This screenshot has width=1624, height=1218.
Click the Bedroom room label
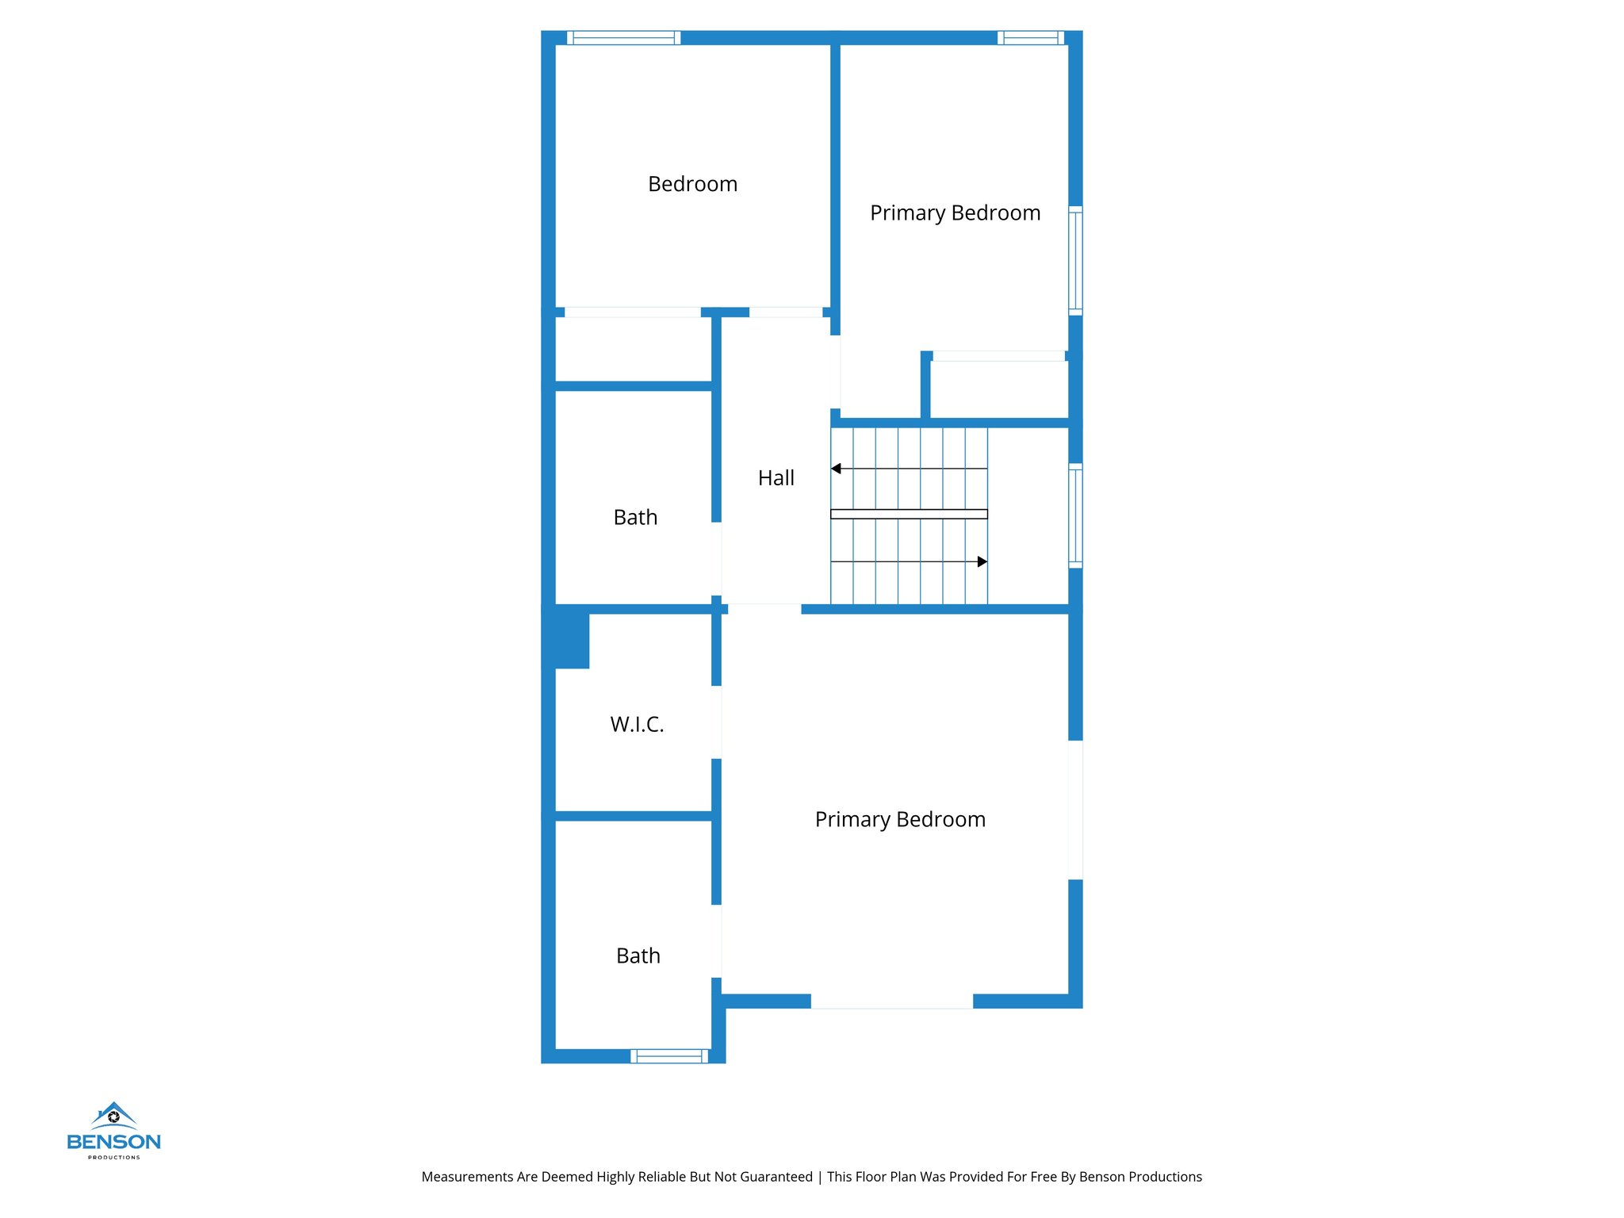[x=692, y=184]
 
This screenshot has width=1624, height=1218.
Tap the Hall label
[x=776, y=478]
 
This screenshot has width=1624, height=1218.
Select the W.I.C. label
[x=637, y=724]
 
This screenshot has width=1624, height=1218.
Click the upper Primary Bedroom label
[x=955, y=213]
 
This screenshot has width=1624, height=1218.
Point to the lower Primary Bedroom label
[x=900, y=820]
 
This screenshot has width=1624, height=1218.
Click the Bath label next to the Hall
[x=635, y=518]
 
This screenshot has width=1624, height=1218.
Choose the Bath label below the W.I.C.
[x=638, y=956]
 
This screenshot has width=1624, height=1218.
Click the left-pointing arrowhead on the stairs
[x=836, y=469]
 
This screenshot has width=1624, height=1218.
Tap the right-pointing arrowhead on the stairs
[x=982, y=561]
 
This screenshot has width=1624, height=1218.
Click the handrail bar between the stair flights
[x=909, y=514]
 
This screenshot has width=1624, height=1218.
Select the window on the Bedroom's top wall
[x=623, y=37]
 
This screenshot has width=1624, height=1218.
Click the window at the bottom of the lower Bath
[x=669, y=1055]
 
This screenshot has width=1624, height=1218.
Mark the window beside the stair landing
[x=1075, y=515]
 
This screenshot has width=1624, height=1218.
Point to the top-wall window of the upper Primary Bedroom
[x=1030, y=37]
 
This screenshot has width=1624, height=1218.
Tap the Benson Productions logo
[x=114, y=1131]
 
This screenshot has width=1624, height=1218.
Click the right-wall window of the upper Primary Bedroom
[x=1075, y=260]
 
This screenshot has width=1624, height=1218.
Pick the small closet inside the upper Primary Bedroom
[x=999, y=389]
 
